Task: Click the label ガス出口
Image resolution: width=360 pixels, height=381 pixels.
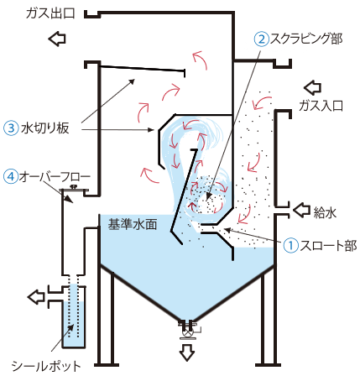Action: pyautogui.click(x=50, y=13)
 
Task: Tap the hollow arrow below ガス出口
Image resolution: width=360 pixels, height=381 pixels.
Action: pyautogui.click(x=57, y=39)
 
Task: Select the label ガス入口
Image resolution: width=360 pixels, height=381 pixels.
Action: pyautogui.click(x=321, y=106)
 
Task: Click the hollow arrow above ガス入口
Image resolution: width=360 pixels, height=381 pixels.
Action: pyautogui.click(x=312, y=87)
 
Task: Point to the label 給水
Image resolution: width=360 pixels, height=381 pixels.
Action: pyautogui.click(x=325, y=212)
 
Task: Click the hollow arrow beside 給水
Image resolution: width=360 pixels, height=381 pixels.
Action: pyautogui.click(x=301, y=210)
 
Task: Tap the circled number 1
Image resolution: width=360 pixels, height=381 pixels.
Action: pyautogui.click(x=291, y=246)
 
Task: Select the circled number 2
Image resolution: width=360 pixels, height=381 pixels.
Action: pyautogui.click(x=262, y=39)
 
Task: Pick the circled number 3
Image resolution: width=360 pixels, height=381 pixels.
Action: pyautogui.click(x=11, y=128)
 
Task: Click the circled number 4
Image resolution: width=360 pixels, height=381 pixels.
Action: pyautogui.click(x=11, y=176)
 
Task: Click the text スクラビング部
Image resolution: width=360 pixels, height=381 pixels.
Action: pyautogui.click(x=306, y=39)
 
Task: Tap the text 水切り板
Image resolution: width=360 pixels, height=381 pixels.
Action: pyautogui.click(x=44, y=128)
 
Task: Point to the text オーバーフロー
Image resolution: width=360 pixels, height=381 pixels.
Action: pyautogui.click(x=55, y=176)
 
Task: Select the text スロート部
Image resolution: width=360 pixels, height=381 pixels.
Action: pyautogui.click(x=328, y=246)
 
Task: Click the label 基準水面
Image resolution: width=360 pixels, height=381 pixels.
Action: pyautogui.click(x=133, y=224)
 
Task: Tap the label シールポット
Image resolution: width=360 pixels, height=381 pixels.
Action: pyautogui.click(x=46, y=366)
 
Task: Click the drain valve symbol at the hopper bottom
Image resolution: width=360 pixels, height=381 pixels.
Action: pyautogui.click(x=186, y=332)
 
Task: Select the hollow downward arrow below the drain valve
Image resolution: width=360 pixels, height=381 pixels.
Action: pyautogui.click(x=186, y=352)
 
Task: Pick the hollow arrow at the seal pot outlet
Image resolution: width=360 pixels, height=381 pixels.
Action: pyautogui.click(x=36, y=296)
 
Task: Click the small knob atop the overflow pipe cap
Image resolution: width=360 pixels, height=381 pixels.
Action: pyautogui.click(x=74, y=187)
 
